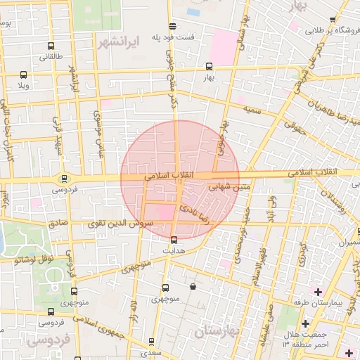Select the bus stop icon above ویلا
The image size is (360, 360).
click(x=24, y=75)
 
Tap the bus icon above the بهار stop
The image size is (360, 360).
click(x=208, y=67)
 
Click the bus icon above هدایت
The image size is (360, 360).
click(x=174, y=240)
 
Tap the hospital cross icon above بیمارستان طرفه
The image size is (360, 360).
click(x=318, y=291)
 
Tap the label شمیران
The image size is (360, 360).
click(x=351, y=243)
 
